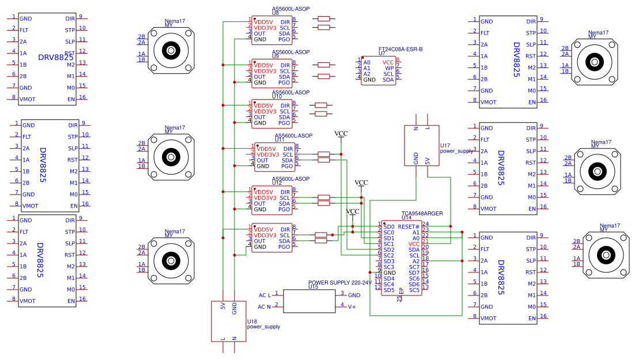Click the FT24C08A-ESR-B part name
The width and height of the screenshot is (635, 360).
point(400,50)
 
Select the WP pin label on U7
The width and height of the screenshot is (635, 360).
point(390,68)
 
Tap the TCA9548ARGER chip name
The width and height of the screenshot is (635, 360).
point(422,213)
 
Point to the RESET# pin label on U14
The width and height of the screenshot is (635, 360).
point(409,227)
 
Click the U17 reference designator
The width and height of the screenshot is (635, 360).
point(445,146)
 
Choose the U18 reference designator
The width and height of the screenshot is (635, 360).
point(252,321)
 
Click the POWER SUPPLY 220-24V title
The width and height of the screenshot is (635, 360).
point(339,283)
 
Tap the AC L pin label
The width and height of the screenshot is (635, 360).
point(264,295)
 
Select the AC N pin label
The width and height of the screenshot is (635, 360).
point(264,306)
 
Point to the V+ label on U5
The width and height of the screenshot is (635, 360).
point(351,306)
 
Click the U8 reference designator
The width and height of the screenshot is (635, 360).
point(275,13)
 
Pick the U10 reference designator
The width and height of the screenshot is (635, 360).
point(277,97)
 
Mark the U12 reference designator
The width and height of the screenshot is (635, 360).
point(277,183)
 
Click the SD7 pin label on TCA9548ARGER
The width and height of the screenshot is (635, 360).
point(414,272)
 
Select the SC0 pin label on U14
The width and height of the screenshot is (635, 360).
point(389,233)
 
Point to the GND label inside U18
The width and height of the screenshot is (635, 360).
point(235,308)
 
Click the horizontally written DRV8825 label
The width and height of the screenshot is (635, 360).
point(55,57)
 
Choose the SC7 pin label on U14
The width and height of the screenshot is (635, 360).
point(414,267)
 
